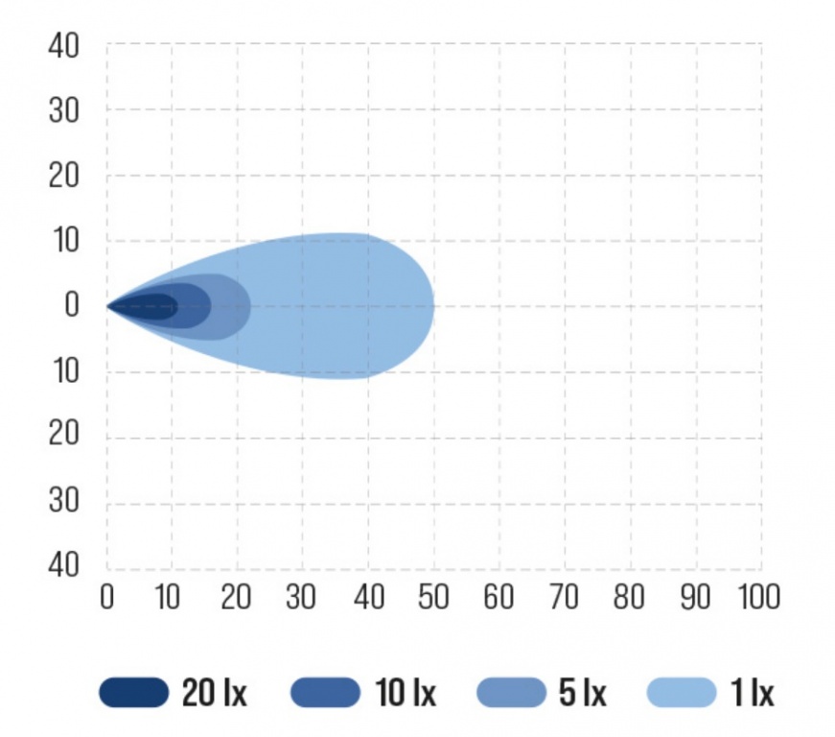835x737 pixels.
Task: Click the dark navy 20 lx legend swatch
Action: tap(133, 692)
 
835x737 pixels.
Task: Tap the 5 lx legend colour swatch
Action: tap(510, 692)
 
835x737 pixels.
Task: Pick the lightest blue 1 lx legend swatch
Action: tap(683, 692)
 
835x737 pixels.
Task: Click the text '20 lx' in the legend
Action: tap(214, 692)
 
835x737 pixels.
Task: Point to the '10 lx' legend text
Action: tap(404, 692)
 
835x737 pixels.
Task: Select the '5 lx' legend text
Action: tap(581, 692)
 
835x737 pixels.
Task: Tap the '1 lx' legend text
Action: tap(751, 692)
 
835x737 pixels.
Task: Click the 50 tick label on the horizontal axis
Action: tap(433, 597)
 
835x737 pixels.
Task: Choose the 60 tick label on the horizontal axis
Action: tap(499, 597)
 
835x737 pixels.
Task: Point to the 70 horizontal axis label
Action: tap(564, 597)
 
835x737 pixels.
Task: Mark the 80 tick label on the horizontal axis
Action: tap(630, 597)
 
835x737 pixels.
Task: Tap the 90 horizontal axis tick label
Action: tap(695, 597)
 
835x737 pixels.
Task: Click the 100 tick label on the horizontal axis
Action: tap(757, 597)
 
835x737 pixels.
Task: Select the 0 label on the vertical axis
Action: tap(71, 306)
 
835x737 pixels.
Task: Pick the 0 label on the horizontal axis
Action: tap(107, 597)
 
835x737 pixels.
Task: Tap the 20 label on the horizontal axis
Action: tap(237, 597)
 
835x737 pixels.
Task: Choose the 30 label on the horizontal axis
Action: tap(302, 597)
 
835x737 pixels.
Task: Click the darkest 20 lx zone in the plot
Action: tap(153, 307)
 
